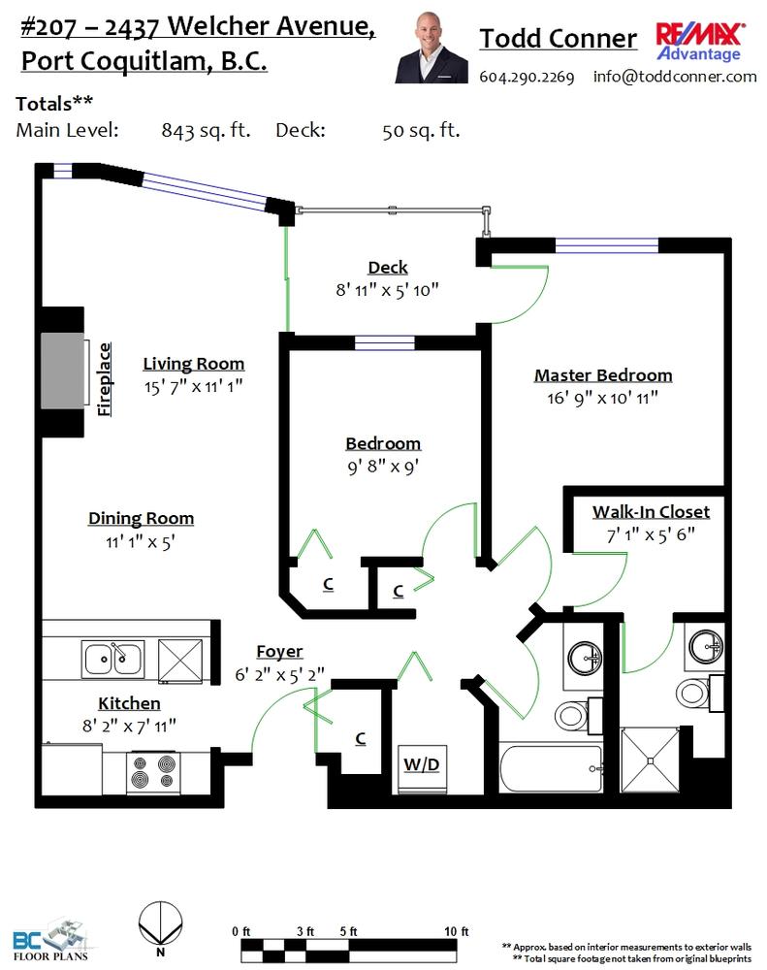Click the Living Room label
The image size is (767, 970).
[x=194, y=364]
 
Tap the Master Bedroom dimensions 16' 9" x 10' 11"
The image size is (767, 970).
[x=602, y=398]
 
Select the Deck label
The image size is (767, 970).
[x=388, y=268]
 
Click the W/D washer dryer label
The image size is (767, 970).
[x=421, y=764]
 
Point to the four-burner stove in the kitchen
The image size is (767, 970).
[x=154, y=772]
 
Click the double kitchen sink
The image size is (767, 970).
[x=112, y=660]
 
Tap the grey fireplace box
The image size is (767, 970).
[x=62, y=371]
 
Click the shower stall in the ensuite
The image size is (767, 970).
[x=650, y=760]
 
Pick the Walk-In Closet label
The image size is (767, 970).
[x=651, y=512]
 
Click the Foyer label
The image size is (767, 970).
[x=279, y=652]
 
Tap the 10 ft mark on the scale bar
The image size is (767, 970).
[x=457, y=931]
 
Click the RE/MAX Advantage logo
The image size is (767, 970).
[x=700, y=42]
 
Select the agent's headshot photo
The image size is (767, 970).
[x=431, y=47]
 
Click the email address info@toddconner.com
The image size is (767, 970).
[x=675, y=76]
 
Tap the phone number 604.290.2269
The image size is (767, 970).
[x=527, y=77]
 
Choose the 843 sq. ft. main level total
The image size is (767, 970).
[x=206, y=131]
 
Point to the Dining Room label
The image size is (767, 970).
[x=141, y=518]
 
